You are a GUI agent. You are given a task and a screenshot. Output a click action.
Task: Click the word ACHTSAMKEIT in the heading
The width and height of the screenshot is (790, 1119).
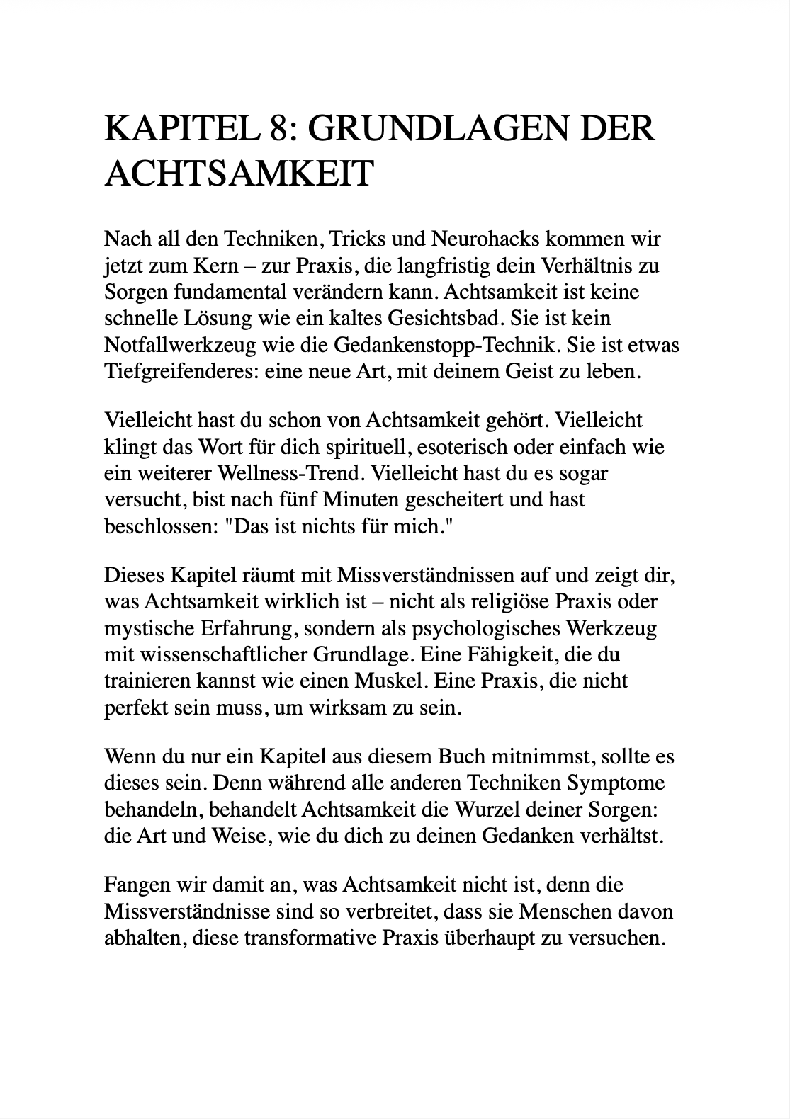pyautogui.click(x=238, y=173)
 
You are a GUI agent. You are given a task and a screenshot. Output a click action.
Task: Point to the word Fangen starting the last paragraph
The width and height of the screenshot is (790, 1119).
pyautogui.click(x=130, y=885)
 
